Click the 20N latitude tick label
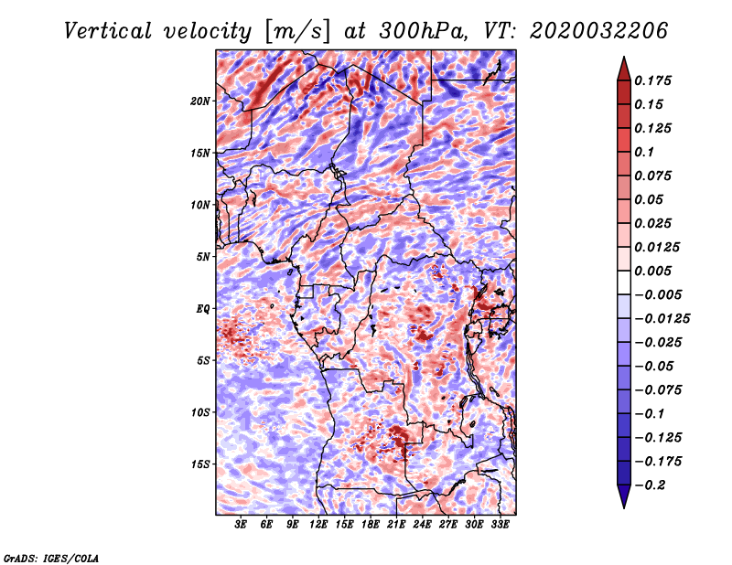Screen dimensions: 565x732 (x=200, y=101)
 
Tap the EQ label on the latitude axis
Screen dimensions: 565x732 (x=202, y=308)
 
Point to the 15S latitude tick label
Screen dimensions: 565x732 (x=200, y=464)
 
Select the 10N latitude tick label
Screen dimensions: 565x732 (x=200, y=205)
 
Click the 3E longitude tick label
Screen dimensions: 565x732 (x=242, y=525)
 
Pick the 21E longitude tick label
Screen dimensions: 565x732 (x=396, y=525)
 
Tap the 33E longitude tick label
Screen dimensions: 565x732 (x=500, y=525)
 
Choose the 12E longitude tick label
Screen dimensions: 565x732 (x=319, y=525)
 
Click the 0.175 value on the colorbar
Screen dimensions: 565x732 (x=656, y=80)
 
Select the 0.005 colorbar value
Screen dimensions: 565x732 (x=656, y=271)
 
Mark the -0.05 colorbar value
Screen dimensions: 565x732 (x=656, y=366)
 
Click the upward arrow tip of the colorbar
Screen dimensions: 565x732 (x=623, y=59)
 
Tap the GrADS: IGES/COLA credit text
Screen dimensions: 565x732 (x=51, y=557)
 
